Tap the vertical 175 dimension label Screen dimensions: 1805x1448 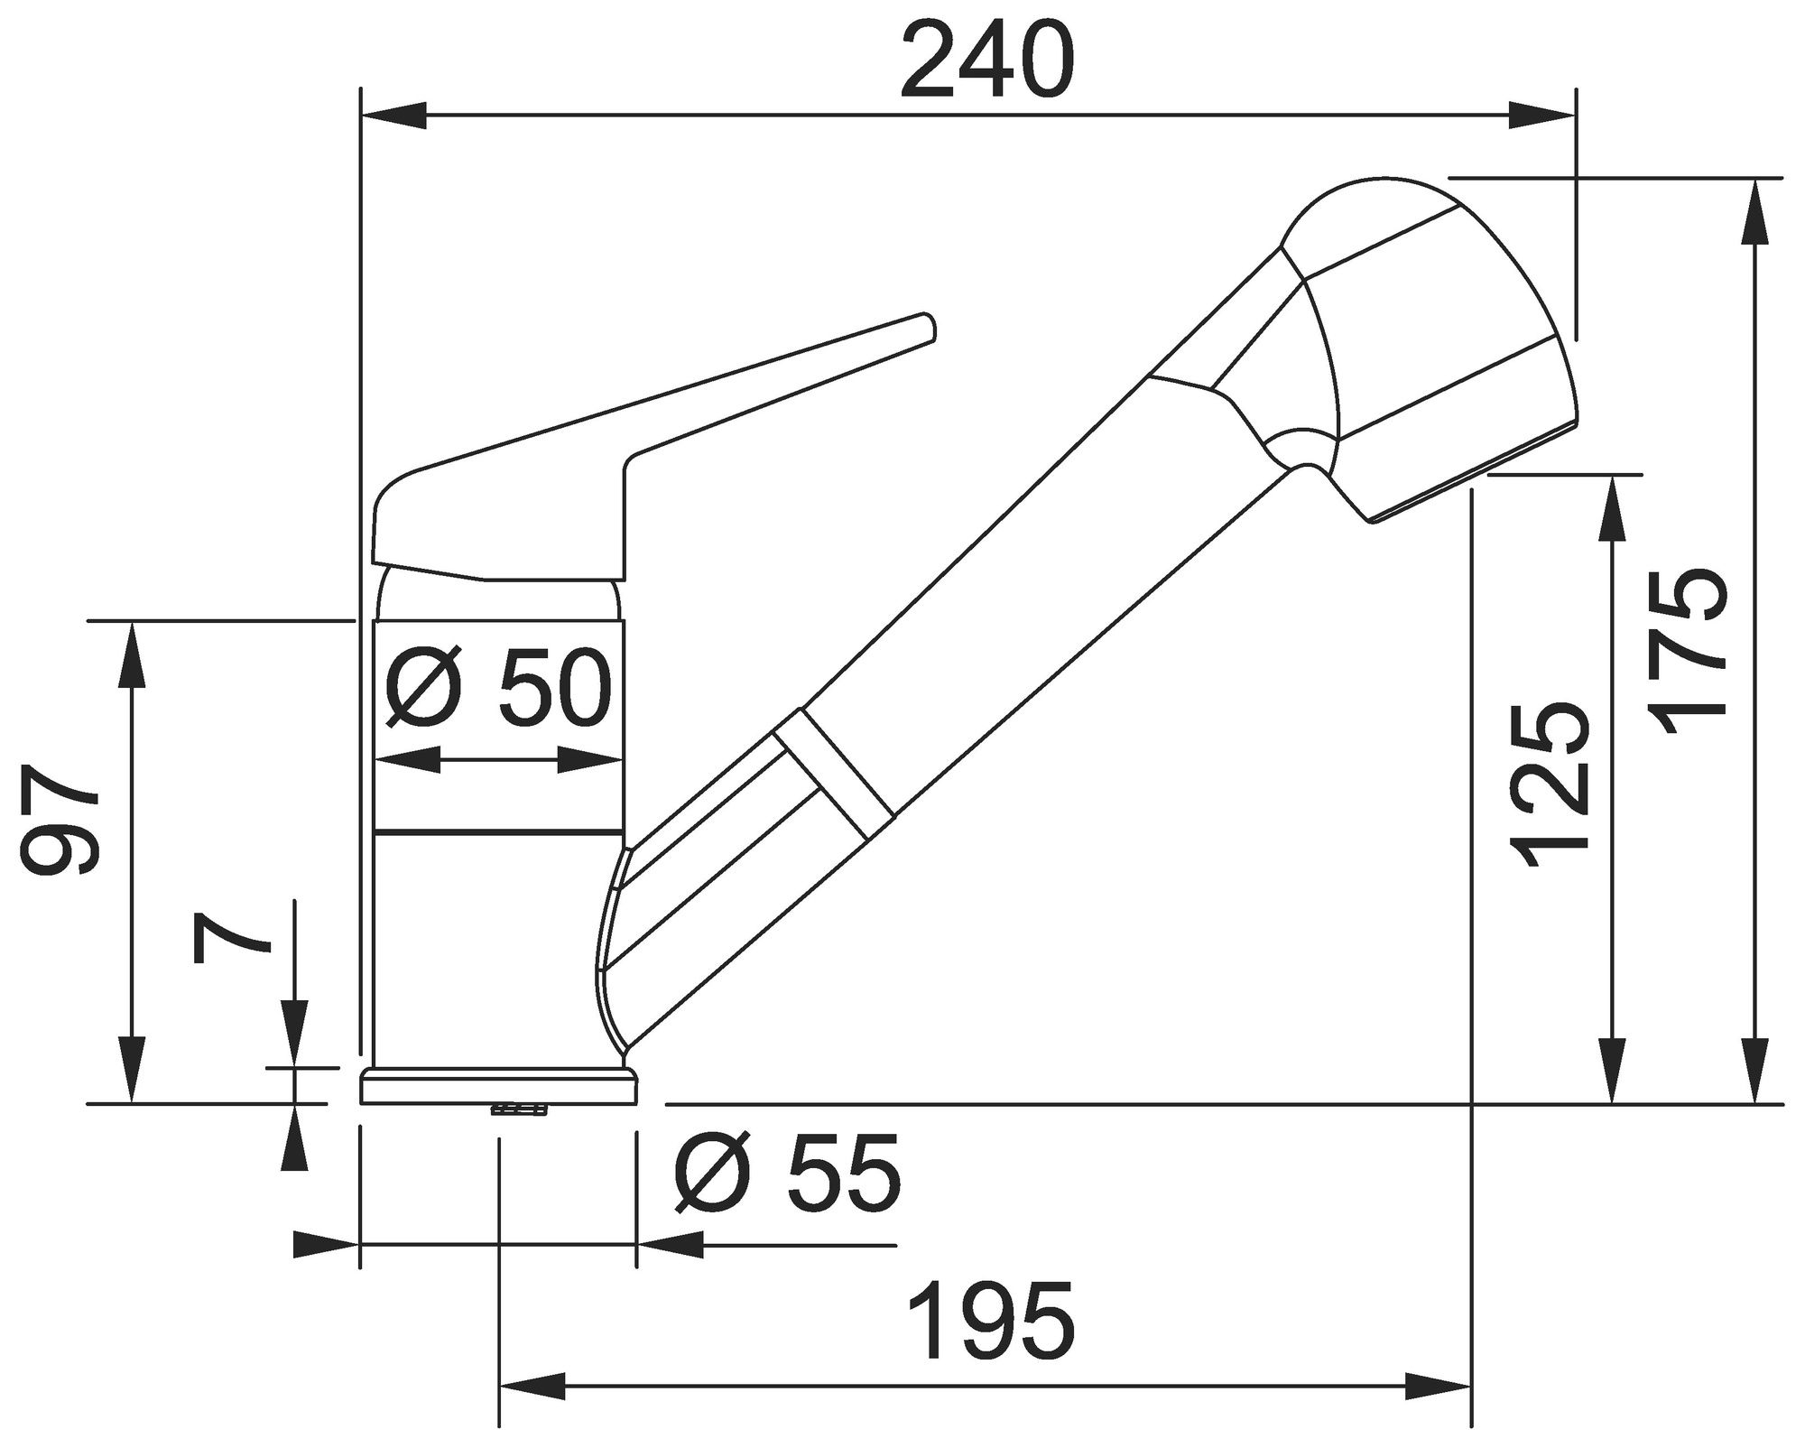[1688, 655]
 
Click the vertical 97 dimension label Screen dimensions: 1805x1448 [60, 820]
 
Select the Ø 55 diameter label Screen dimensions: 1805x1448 [788, 1173]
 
